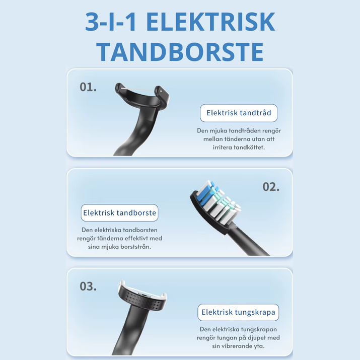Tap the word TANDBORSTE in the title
180,52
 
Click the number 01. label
88,87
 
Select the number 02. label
271,187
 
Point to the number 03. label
88,286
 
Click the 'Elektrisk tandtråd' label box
239,113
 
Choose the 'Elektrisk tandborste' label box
120,213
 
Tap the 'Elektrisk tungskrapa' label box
239,313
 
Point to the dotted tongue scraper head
142,300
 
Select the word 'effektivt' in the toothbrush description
135,238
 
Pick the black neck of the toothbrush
252,239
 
